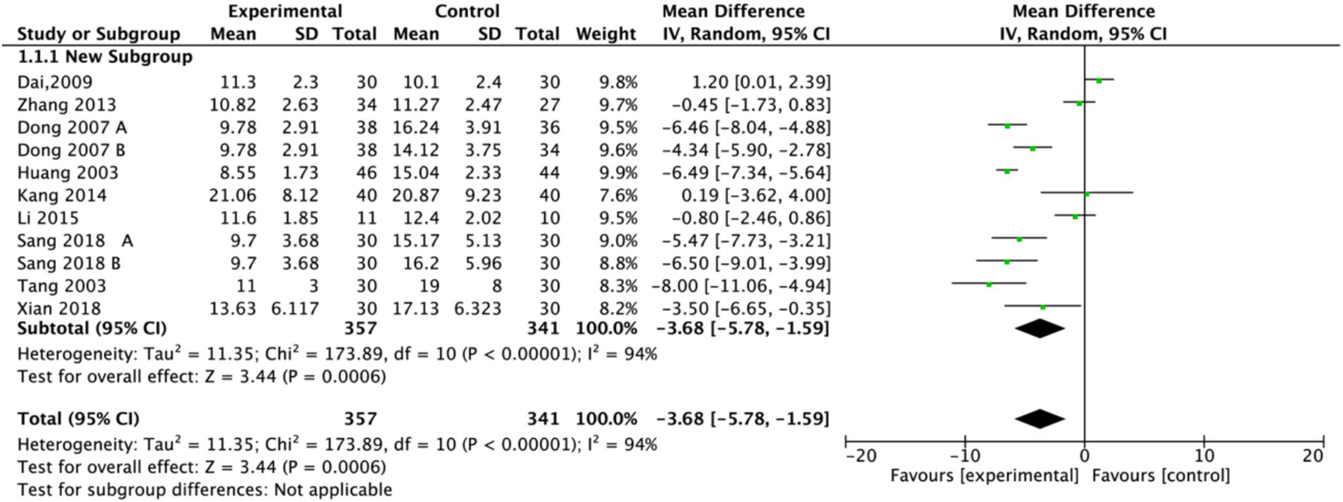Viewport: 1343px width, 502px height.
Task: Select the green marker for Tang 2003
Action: coord(989,284)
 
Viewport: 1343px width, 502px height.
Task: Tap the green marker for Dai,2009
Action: coord(1099,80)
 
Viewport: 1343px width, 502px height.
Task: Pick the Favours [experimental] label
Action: coord(984,477)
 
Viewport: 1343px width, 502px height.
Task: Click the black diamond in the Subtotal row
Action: coord(1039,329)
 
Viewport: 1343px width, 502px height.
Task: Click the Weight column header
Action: coord(605,35)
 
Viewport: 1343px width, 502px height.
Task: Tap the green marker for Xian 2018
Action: coord(1042,307)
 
